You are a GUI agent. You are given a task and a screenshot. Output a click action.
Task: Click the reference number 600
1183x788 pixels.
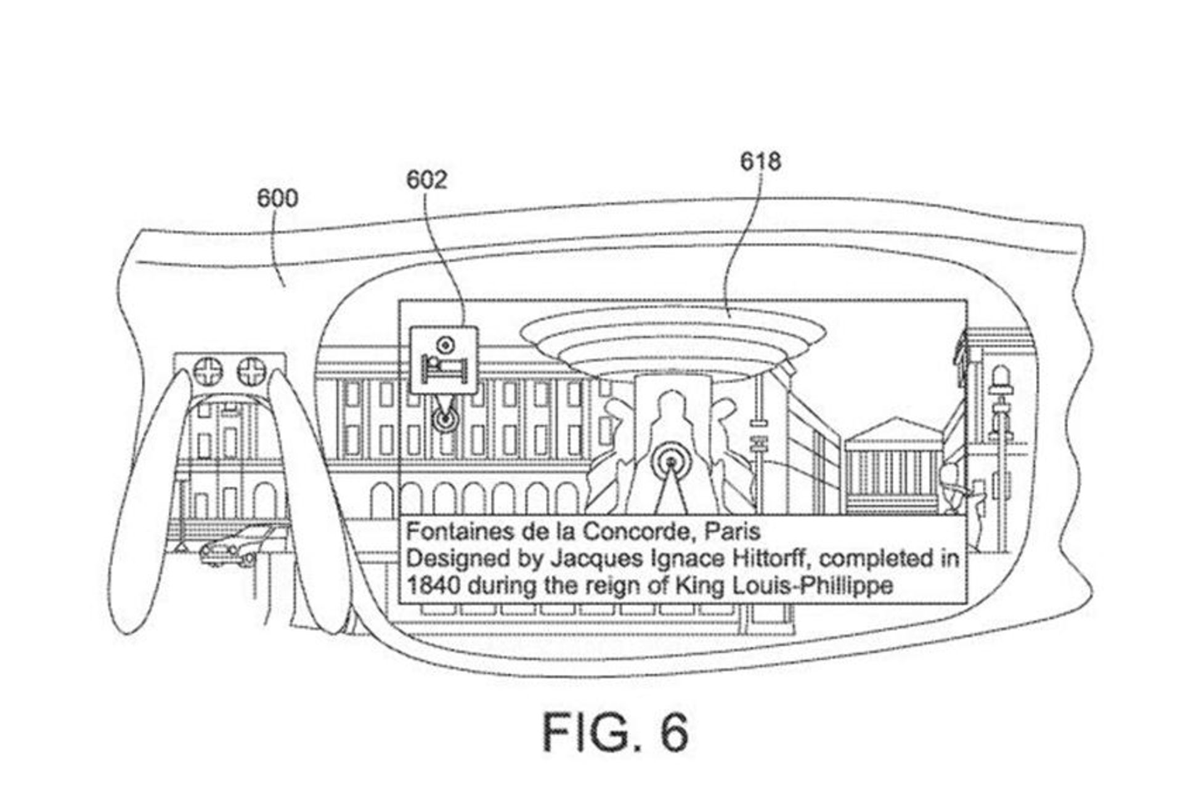click(x=277, y=198)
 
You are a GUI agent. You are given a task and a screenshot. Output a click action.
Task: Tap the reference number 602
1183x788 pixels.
click(x=426, y=180)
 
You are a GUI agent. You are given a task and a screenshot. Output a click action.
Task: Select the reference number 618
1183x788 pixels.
click(x=761, y=161)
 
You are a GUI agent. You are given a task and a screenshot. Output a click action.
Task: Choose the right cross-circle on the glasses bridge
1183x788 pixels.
click(x=251, y=371)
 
